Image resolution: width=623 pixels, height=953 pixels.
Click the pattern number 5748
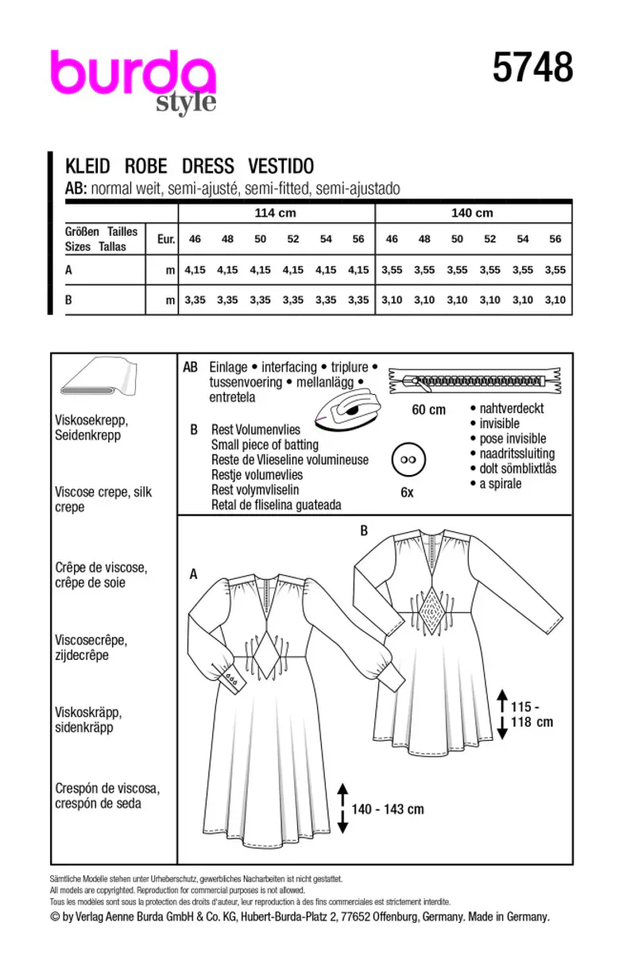532,69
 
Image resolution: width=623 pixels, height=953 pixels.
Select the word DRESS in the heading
208,166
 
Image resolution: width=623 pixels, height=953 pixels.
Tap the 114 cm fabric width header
274,213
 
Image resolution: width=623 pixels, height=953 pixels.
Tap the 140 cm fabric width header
472,213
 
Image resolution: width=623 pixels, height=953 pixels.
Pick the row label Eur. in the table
166,238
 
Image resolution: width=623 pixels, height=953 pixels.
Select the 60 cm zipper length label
428,410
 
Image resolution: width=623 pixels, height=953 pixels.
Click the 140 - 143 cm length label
388,809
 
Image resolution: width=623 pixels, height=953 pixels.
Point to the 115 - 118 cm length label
532,714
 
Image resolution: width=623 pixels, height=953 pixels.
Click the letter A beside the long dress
193,573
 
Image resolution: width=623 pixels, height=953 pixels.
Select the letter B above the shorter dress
364,531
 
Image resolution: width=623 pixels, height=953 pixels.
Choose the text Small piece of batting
265,445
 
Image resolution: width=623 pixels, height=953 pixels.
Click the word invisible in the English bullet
500,423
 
